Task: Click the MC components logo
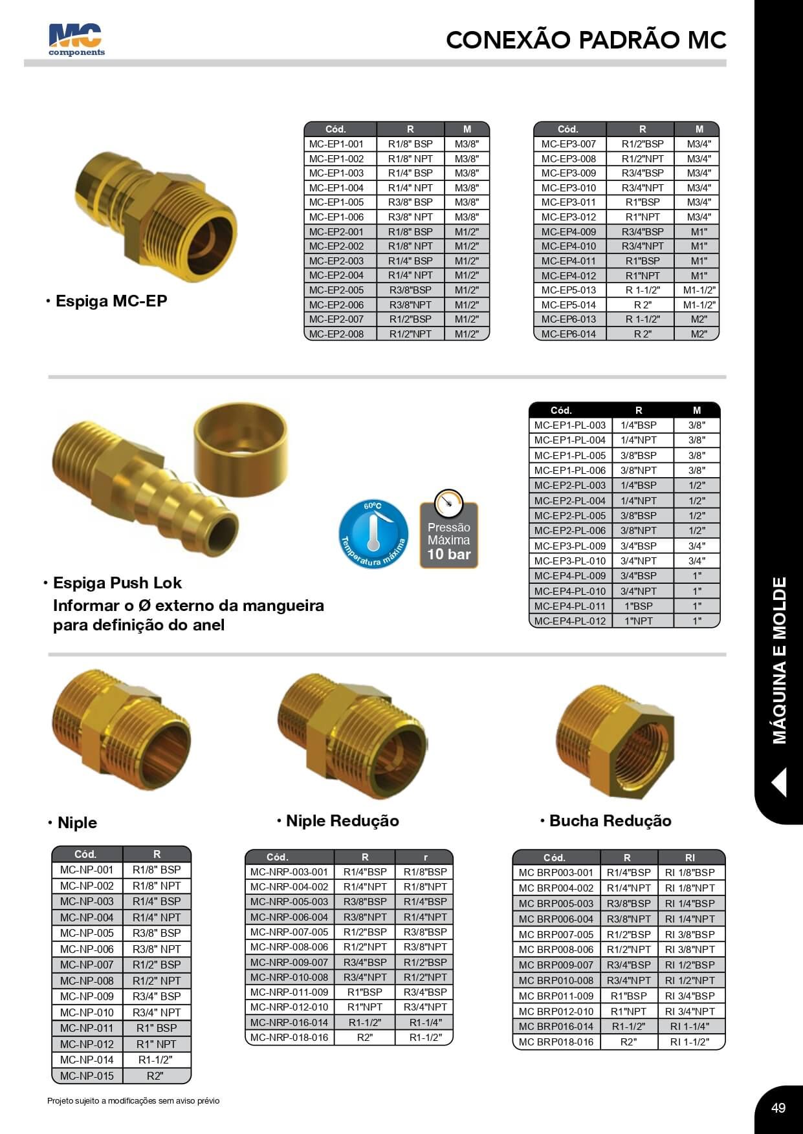point(76,40)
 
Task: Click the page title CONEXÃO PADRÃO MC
point(586,40)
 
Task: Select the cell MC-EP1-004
point(336,187)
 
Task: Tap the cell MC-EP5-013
point(569,290)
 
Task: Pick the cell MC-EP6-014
point(569,334)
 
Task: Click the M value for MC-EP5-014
point(699,305)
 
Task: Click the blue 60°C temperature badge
point(373,535)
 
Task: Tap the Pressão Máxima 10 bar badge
point(449,535)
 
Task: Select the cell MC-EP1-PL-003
point(570,425)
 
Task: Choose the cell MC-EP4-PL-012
point(570,621)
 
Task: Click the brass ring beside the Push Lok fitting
point(240,440)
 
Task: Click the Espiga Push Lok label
point(117,583)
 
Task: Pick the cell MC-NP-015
point(87,1076)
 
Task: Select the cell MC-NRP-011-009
point(289,992)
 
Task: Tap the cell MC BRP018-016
point(556,1042)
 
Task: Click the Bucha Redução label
point(610,820)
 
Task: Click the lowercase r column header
point(425,857)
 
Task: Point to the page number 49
point(778,1107)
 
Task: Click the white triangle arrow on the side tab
point(779,782)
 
